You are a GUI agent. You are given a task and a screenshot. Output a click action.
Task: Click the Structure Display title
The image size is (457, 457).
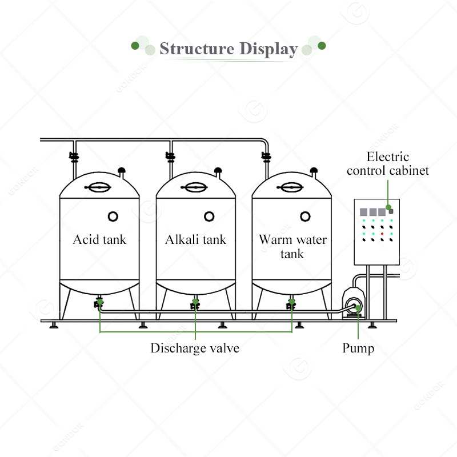228,49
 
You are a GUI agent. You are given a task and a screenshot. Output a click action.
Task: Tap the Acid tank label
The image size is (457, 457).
99,239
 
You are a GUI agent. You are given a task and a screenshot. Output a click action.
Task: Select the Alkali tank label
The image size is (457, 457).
195,239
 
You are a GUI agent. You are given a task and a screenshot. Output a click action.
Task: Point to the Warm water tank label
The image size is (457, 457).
292,246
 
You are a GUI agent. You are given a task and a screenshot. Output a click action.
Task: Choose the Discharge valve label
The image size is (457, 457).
195,348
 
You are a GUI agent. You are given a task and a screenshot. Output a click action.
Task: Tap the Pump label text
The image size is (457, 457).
358,348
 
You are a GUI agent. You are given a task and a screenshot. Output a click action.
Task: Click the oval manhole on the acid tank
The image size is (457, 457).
99,187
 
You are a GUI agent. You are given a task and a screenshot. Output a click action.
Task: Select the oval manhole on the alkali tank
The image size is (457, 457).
195,187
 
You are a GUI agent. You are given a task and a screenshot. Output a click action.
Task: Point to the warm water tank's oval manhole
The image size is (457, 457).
292,187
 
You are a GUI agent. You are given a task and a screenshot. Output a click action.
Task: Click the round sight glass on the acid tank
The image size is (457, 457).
113,215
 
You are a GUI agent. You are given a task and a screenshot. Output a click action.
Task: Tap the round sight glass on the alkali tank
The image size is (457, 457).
209,215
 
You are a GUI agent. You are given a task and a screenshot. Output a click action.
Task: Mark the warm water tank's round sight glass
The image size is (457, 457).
306,215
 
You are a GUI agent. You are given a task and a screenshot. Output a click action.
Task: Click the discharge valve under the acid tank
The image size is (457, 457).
99,304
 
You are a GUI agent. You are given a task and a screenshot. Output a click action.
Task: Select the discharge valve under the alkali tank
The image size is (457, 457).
195,304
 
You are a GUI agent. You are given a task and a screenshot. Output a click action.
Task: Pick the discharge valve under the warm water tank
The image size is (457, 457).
291,304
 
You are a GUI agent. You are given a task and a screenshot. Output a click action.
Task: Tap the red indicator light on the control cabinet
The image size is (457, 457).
382,234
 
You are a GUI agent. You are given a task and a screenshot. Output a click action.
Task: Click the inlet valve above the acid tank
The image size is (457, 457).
74,155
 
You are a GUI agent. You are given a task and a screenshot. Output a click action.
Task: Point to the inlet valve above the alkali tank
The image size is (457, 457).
170,155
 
